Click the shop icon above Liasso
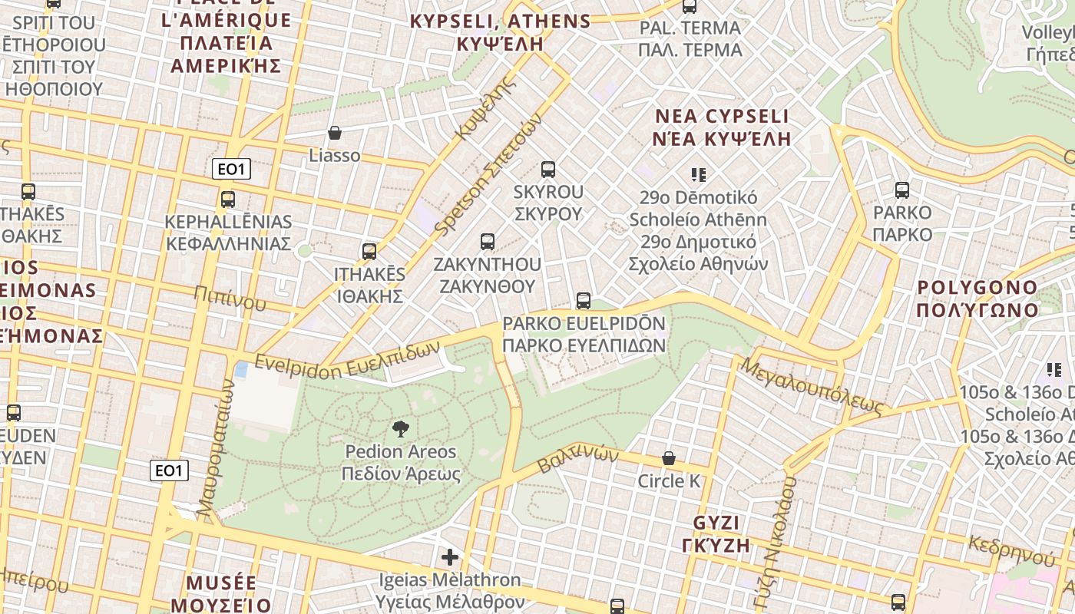click(x=335, y=133)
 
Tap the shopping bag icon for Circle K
click(x=669, y=458)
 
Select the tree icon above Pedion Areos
click(x=400, y=429)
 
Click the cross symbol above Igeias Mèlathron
click(x=450, y=556)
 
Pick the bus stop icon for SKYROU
click(x=547, y=169)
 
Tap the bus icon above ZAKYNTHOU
click(x=487, y=242)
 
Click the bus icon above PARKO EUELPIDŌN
click(x=583, y=301)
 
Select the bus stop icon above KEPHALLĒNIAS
click(x=228, y=200)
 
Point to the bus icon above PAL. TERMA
click(x=690, y=7)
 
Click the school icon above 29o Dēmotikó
click(x=698, y=175)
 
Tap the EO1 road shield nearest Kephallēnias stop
click(x=231, y=170)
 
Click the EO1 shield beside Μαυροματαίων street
click(x=169, y=470)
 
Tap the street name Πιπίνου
click(x=230, y=298)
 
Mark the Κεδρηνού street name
click(x=1011, y=549)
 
